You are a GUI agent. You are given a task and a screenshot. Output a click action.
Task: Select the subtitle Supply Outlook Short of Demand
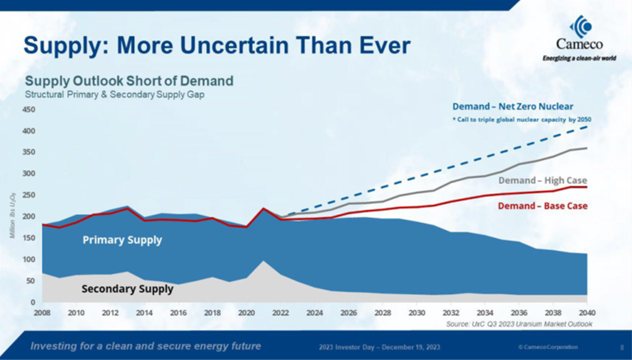click(x=129, y=81)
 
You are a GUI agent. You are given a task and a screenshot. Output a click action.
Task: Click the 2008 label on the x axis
click(x=42, y=313)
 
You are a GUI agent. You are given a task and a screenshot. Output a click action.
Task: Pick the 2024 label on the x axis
click(x=314, y=313)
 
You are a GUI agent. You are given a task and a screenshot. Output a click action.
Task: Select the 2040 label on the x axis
click(x=587, y=313)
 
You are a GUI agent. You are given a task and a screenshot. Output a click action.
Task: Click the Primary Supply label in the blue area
click(x=122, y=240)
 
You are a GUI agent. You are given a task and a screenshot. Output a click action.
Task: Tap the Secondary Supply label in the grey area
click(x=127, y=288)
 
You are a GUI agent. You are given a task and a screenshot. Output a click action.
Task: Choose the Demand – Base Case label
click(x=543, y=206)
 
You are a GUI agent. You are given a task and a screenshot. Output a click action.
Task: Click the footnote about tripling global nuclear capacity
click(x=521, y=118)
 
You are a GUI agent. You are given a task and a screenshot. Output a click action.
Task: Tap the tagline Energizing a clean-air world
click(x=578, y=59)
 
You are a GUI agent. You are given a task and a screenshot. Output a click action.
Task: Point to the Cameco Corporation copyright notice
click(x=548, y=347)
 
